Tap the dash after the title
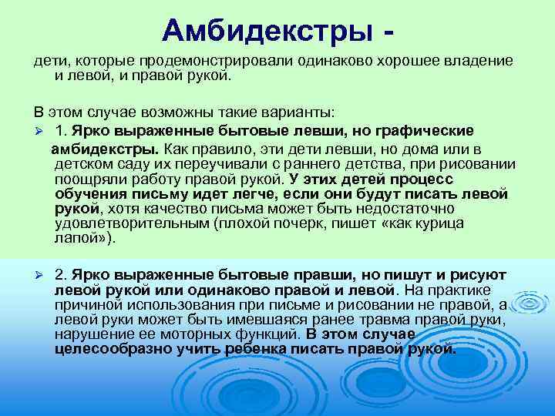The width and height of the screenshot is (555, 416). (396, 32)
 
